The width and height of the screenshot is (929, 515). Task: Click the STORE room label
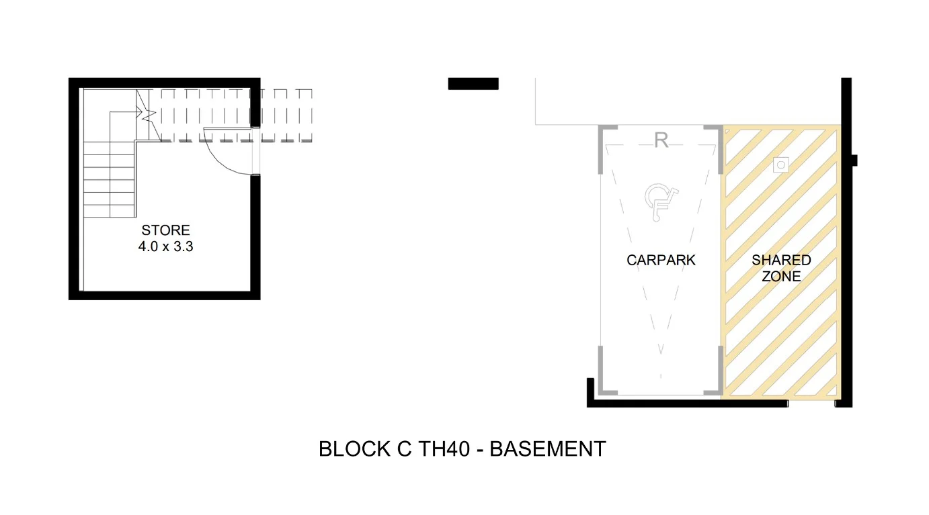pos(165,230)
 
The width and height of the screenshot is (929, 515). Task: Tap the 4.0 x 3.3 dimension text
pos(165,246)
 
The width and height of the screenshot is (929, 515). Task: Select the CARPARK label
pos(661,260)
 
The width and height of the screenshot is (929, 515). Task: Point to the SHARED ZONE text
pos(781,268)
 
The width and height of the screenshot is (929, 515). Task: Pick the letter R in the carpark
pos(661,141)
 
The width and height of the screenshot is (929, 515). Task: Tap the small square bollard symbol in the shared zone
pos(780,164)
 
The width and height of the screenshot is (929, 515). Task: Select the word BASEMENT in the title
pos(547,449)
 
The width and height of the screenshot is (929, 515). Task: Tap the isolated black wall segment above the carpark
pos(473,84)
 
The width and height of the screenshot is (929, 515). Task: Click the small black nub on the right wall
pos(854,160)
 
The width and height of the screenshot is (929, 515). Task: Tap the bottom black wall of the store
pos(165,295)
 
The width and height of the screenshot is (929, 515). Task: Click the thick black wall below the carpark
pos(686,403)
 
